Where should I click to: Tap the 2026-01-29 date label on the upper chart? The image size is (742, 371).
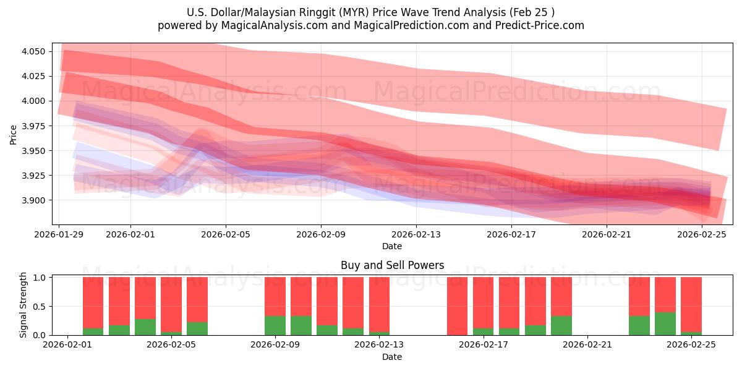(x=59, y=235)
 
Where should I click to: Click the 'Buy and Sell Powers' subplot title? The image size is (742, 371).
(x=392, y=265)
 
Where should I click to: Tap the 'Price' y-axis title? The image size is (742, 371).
(x=14, y=135)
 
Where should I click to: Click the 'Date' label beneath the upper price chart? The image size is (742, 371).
(x=392, y=246)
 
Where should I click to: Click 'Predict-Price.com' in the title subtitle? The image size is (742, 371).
(x=539, y=25)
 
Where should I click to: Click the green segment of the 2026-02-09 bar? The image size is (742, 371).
(x=275, y=326)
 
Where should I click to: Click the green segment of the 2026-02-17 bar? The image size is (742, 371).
(x=483, y=332)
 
